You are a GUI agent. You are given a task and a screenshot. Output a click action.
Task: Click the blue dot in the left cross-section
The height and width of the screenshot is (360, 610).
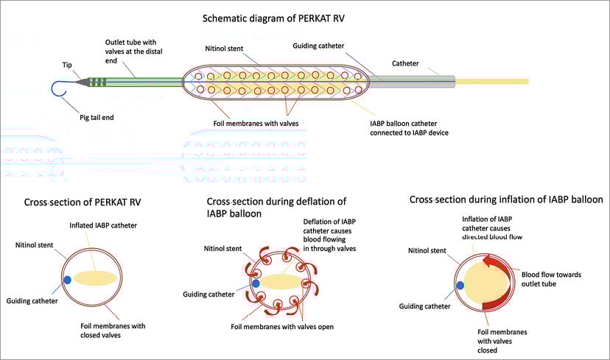68,280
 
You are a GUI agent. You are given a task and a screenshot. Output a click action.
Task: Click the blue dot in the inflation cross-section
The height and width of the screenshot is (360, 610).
460,285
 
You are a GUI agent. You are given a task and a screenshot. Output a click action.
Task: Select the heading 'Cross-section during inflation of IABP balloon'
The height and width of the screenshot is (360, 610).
506,200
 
